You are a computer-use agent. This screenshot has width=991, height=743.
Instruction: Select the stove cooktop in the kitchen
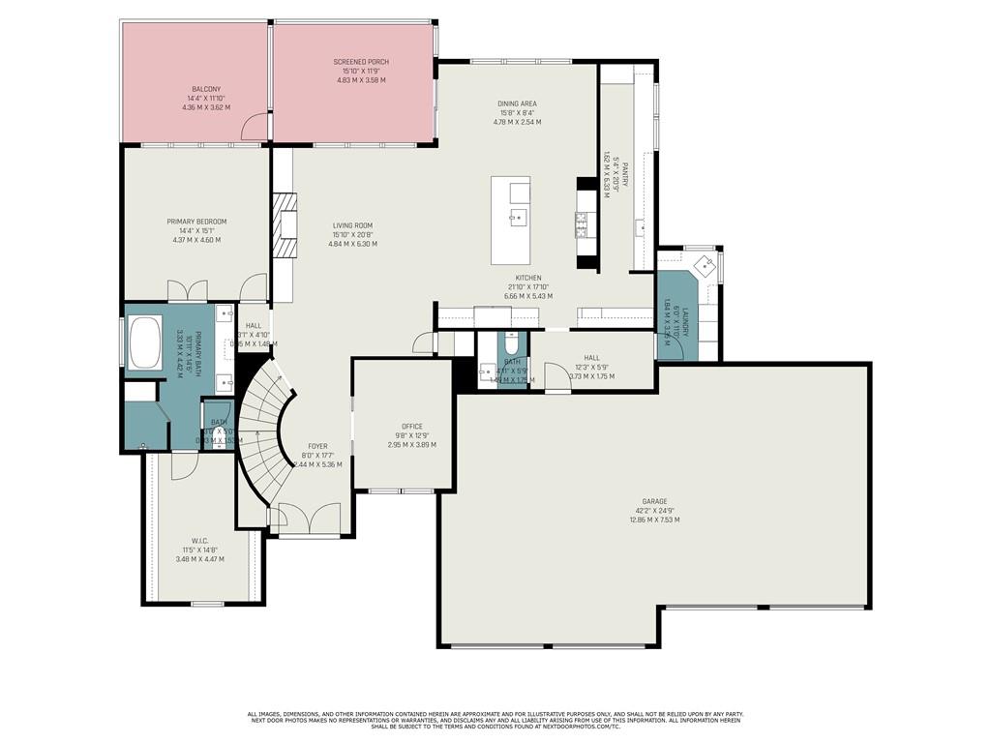click(x=583, y=224)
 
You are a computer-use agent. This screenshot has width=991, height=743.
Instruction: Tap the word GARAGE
click(x=654, y=501)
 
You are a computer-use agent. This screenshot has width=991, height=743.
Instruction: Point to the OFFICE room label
click(x=412, y=426)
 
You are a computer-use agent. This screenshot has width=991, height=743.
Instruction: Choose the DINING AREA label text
click(x=517, y=104)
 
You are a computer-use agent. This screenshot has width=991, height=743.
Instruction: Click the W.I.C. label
click(x=200, y=541)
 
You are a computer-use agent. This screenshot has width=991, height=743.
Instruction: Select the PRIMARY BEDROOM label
click(x=195, y=222)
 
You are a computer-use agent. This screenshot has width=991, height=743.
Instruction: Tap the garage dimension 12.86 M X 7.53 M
click(x=654, y=520)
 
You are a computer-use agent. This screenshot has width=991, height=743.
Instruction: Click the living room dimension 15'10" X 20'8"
click(x=352, y=235)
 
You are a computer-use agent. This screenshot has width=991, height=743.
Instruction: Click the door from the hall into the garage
click(x=556, y=377)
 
